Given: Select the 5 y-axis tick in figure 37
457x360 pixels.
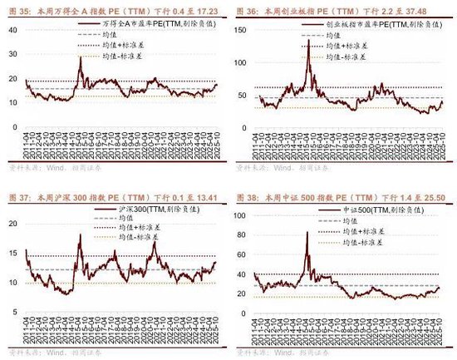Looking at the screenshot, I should tap(16, 313).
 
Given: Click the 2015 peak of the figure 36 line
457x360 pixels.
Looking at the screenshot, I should tap(308, 42).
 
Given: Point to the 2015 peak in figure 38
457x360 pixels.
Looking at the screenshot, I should tap(307, 233).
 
